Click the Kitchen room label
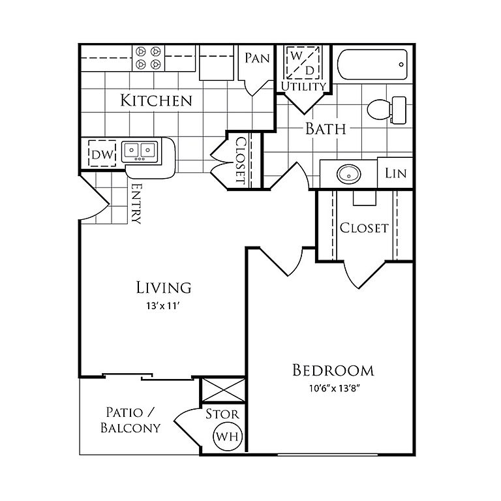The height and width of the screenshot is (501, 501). pos(157,100)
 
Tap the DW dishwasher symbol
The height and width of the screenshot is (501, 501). pos(102,155)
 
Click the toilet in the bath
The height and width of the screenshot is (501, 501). pos(386,110)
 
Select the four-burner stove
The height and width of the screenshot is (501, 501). pos(147,58)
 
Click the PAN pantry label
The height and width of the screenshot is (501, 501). pos(257,58)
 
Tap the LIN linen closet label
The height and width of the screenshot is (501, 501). pos(395,174)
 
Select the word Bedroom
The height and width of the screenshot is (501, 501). pos(333,371)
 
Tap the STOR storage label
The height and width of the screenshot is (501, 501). pos(222,414)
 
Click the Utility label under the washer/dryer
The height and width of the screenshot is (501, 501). pos(303,86)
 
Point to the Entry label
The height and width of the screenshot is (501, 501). pos(136,204)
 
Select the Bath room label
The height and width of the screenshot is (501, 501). pos(326,129)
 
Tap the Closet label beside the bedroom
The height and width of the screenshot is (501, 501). pos(364,228)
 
